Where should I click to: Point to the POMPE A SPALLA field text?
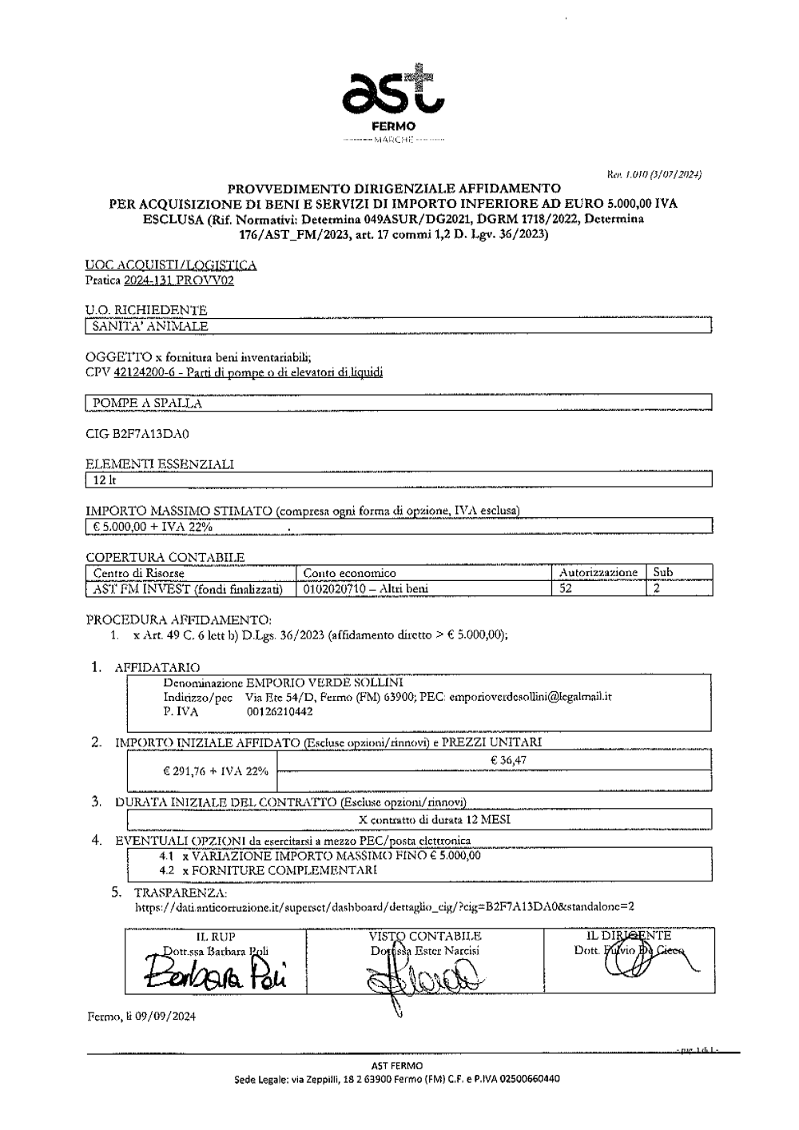click(x=148, y=404)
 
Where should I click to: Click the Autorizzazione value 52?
click(x=566, y=589)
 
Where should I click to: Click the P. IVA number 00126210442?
click(x=280, y=711)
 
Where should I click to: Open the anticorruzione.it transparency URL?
click(x=384, y=905)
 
